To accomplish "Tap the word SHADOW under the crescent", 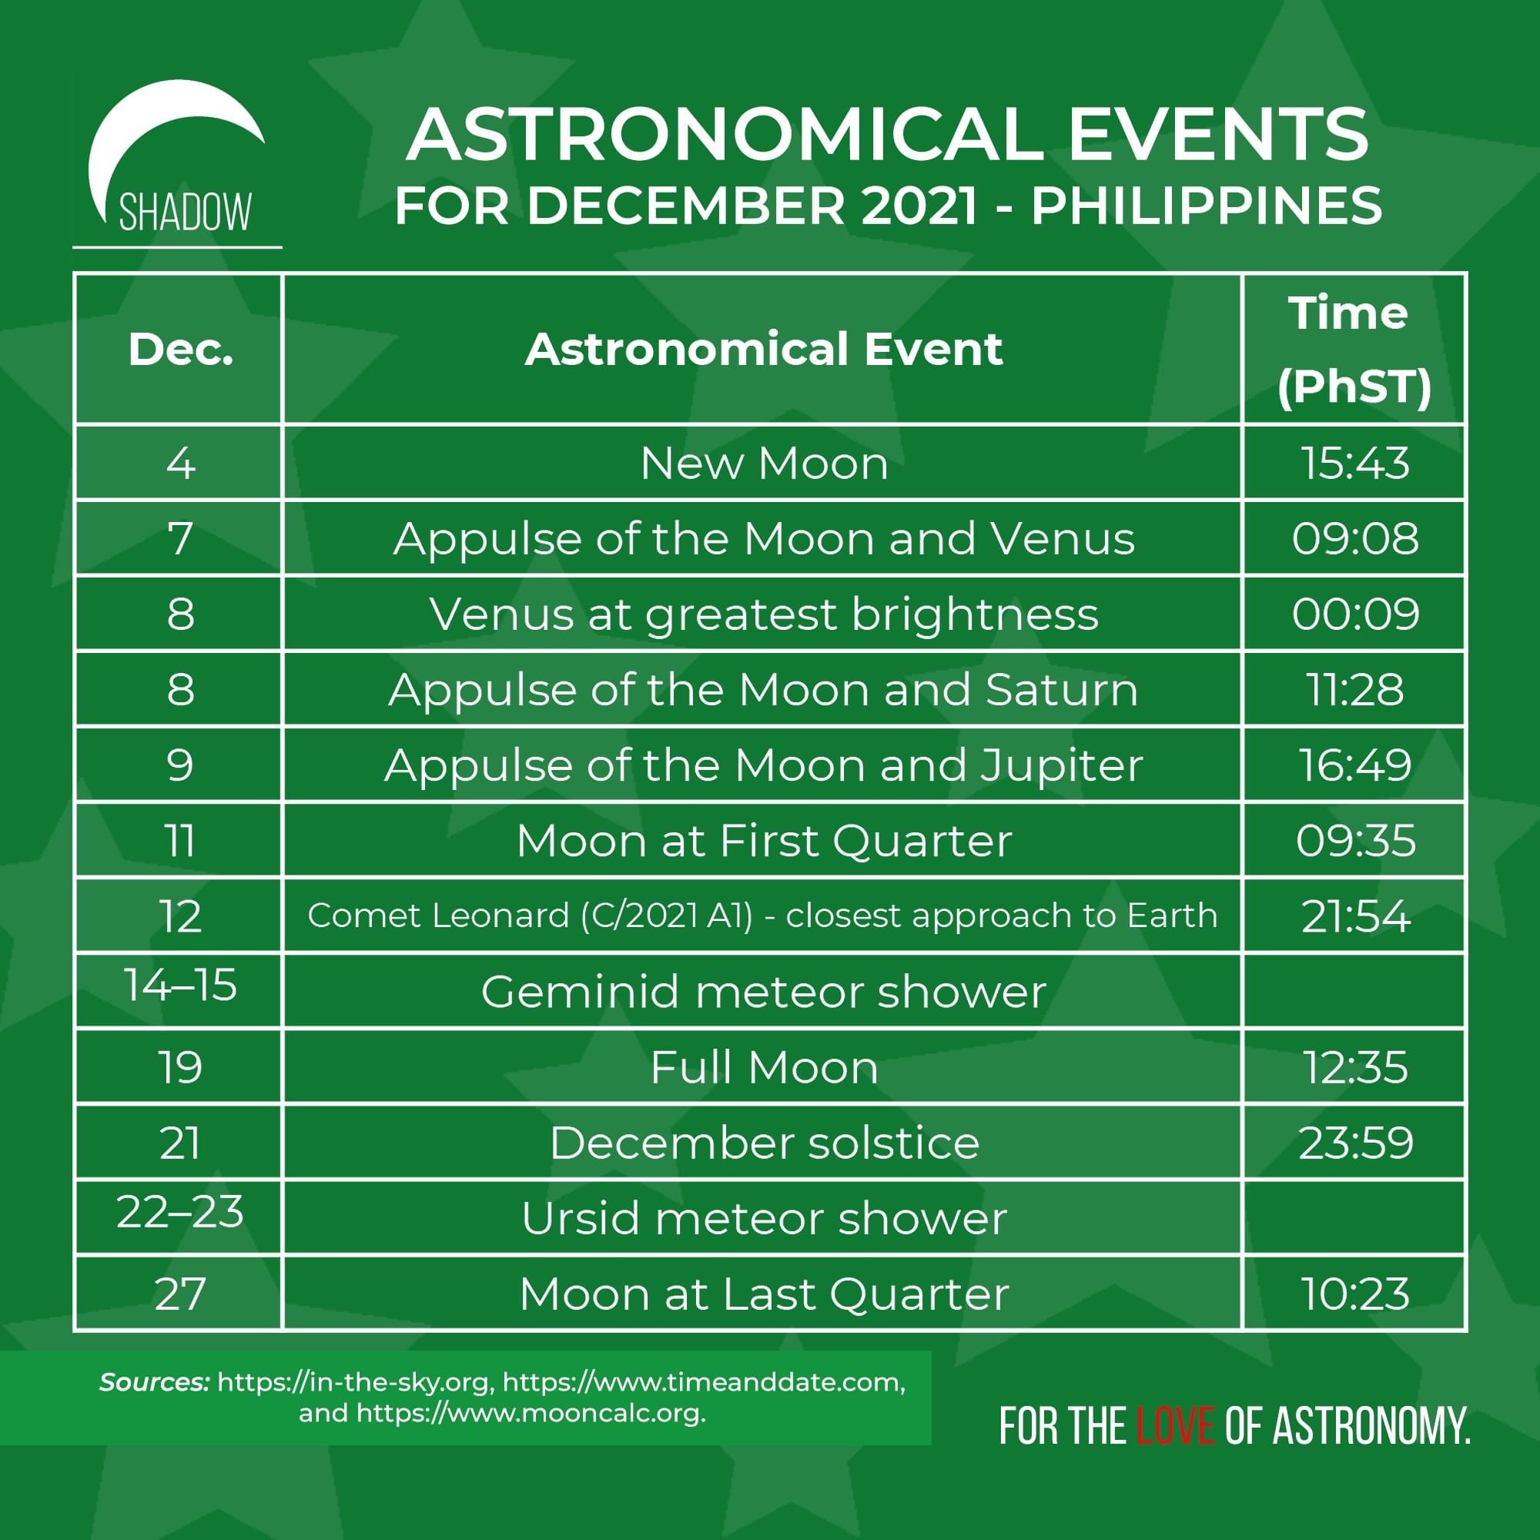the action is (x=185, y=212).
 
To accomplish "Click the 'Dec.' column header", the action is (x=181, y=349).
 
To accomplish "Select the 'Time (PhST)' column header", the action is (x=1354, y=350).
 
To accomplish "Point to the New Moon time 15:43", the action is (x=1355, y=463).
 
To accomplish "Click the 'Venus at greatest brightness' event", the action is (x=764, y=614).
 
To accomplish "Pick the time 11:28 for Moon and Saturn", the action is (x=1355, y=689).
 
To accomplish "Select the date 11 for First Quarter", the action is (x=180, y=841).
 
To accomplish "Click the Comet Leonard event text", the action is (x=763, y=916).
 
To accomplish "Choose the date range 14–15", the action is (x=181, y=986).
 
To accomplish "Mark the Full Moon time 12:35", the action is (x=1355, y=1067).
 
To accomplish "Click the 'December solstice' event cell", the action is (x=764, y=1143).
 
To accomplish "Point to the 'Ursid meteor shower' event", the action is (x=764, y=1219).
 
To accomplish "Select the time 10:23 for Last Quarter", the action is (x=1355, y=1294).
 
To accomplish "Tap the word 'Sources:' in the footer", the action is (x=155, y=1382).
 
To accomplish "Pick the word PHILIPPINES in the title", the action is (x=1206, y=206).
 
